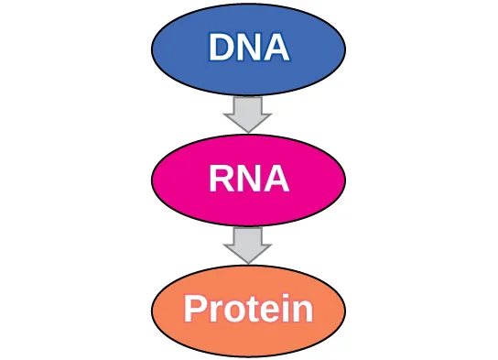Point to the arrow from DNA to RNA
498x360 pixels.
248,114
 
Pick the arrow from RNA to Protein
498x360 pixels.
248,245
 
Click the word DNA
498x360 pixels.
248,48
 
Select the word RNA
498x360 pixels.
248,179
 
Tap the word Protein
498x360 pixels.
248,310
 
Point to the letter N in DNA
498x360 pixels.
249,48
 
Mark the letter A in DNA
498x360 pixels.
276,48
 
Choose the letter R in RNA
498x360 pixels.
222,179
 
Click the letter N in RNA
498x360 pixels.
249,179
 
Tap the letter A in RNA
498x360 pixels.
276,179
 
